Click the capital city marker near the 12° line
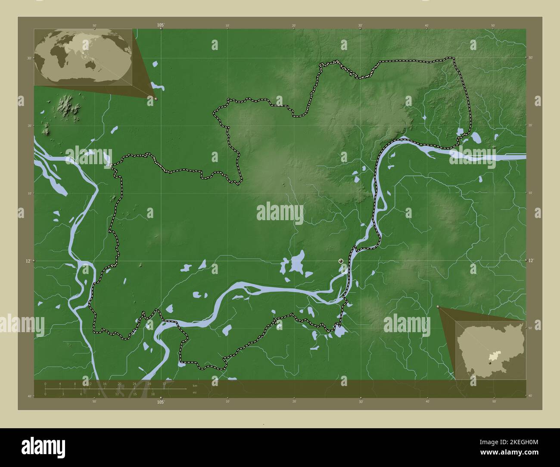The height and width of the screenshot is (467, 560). click(341, 261)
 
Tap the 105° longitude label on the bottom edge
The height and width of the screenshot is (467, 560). click(161, 402)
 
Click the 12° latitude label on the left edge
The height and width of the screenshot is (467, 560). click(27, 261)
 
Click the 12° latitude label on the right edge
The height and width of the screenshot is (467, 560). click(531, 260)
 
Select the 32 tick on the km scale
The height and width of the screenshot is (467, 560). click(164, 383)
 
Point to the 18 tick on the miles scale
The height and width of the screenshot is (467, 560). click(153, 394)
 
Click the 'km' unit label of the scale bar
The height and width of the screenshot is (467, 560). click(195, 385)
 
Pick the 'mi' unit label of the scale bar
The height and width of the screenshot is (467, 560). click(195, 392)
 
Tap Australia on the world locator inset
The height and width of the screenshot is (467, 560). click(91, 65)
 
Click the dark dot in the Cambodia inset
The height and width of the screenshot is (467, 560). click(490, 363)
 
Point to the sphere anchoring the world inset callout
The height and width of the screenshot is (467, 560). click(156, 99)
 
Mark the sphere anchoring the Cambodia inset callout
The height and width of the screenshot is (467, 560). click(438, 307)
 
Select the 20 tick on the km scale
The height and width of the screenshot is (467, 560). click(119, 383)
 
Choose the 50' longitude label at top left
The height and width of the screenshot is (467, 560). click(94, 26)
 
